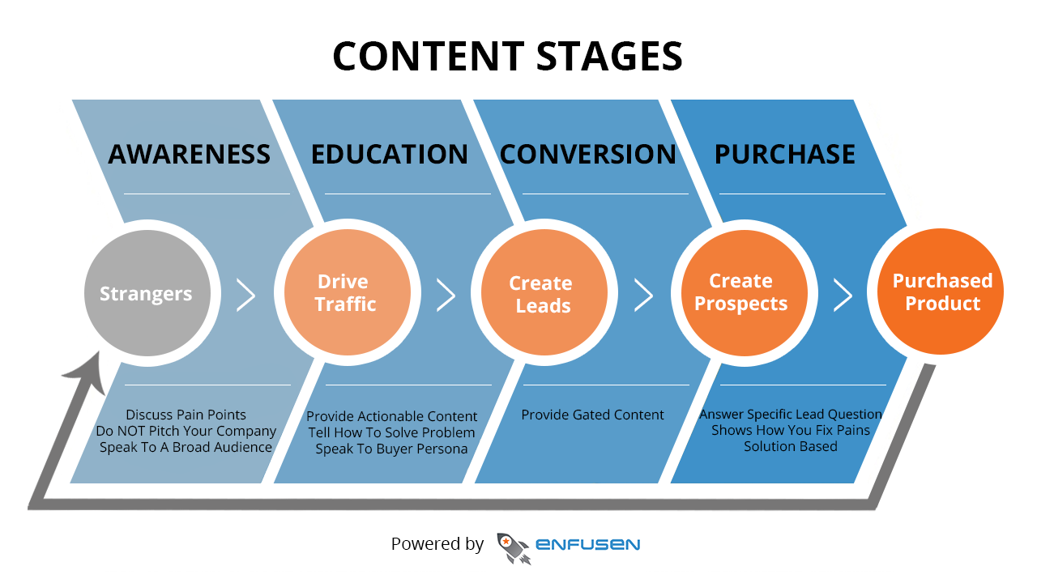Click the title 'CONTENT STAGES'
(507, 56)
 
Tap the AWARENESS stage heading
(189, 154)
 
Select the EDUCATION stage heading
(390, 154)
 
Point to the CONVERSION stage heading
(588, 154)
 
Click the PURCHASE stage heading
(785, 154)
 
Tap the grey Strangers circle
(147, 293)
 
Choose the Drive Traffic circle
(348, 293)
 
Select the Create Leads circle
(544, 293)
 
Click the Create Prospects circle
(745, 293)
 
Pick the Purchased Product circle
(941, 291)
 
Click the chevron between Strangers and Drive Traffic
(245, 295)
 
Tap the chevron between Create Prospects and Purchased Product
(843, 295)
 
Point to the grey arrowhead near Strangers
(89, 373)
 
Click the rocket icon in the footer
(514, 548)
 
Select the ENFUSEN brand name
(588, 545)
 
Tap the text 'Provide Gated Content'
(592, 415)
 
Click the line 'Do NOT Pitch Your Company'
(186, 432)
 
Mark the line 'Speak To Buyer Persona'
(391, 449)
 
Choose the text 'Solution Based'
(791, 446)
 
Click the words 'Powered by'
(437, 544)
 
